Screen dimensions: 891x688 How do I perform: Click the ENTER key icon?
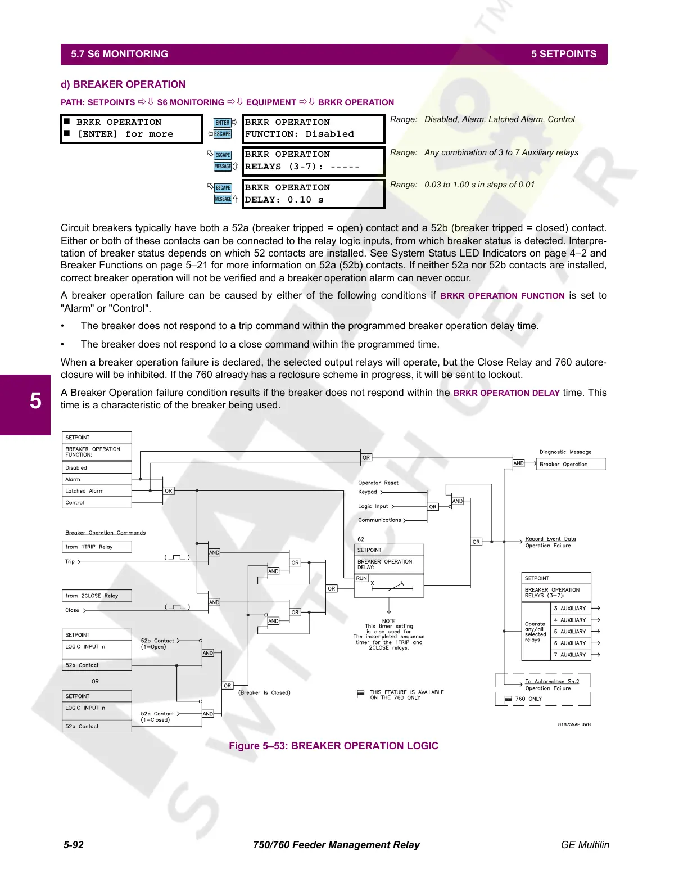[x=223, y=123]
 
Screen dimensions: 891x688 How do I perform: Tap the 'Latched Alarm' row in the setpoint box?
[x=96, y=491]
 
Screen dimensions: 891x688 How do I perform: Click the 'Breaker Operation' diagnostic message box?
[x=571, y=465]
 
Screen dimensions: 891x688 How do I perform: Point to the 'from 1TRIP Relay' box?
[x=97, y=547]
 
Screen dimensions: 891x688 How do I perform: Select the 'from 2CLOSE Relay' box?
[x=97, y=596]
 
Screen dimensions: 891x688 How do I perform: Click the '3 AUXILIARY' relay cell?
[x=570, y=609]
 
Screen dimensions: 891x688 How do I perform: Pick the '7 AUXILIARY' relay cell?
[x=570, y=655]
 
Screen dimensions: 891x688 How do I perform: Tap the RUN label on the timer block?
[x=361, y=578]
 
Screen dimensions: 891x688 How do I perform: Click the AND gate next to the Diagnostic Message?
[x=518, y=463]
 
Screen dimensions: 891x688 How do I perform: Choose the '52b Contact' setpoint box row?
[x=97, y=665]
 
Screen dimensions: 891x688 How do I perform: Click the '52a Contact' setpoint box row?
[x=97, y=727]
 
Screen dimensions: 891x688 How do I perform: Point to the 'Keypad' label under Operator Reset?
[x=368, y=492]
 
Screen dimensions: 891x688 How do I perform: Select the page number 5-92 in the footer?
[x=74, y=845]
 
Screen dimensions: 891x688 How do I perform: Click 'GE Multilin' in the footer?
[x=585, y=845]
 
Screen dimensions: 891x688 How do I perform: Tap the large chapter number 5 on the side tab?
[x=35, y=401]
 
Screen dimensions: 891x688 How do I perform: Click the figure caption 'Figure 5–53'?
[x=333, y=746]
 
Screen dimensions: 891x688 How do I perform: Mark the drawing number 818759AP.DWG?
[x=574, y=724]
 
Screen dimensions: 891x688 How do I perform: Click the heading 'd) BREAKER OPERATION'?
[x=123, y=84]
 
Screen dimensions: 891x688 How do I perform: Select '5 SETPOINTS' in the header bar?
[x=564, y=54]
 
